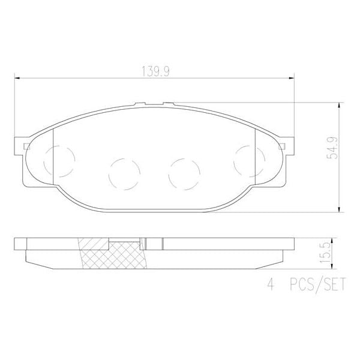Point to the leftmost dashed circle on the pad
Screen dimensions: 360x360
pos(59,160)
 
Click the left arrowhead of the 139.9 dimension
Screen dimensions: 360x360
pos(17,77)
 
